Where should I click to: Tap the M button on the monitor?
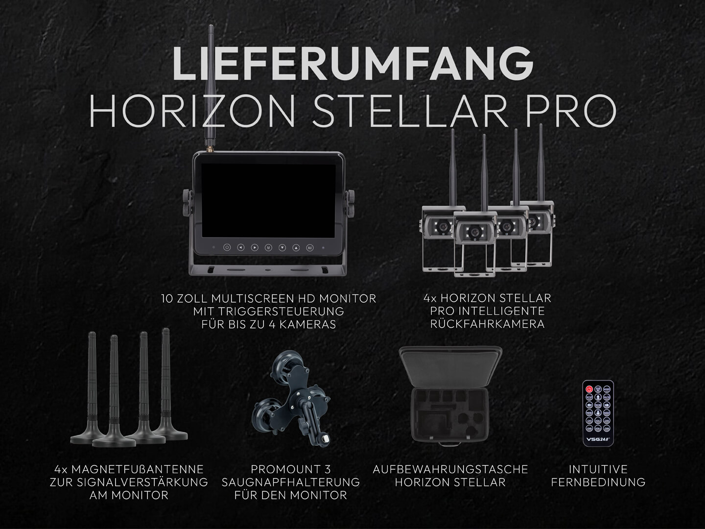click(x=268, y=248)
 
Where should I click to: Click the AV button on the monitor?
click(x=309, y=248)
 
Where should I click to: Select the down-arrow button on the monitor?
click(x=282, y=248)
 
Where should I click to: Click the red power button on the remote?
click(x=589, y=389)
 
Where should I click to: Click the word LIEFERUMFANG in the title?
click(x=352, y=63)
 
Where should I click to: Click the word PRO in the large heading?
click(x=571, y=111)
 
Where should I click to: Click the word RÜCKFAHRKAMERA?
click(x=487, y=324)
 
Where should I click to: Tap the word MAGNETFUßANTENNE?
click(x=137, y=469)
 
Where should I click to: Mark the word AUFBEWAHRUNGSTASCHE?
click(x=450, y=469)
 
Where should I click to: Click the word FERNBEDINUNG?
click(x=598, y=482)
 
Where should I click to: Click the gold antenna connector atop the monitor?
click(x=210, y=149)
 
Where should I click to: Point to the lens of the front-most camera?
click(x=474, y=231)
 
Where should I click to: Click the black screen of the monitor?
click(x=268, y=200)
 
